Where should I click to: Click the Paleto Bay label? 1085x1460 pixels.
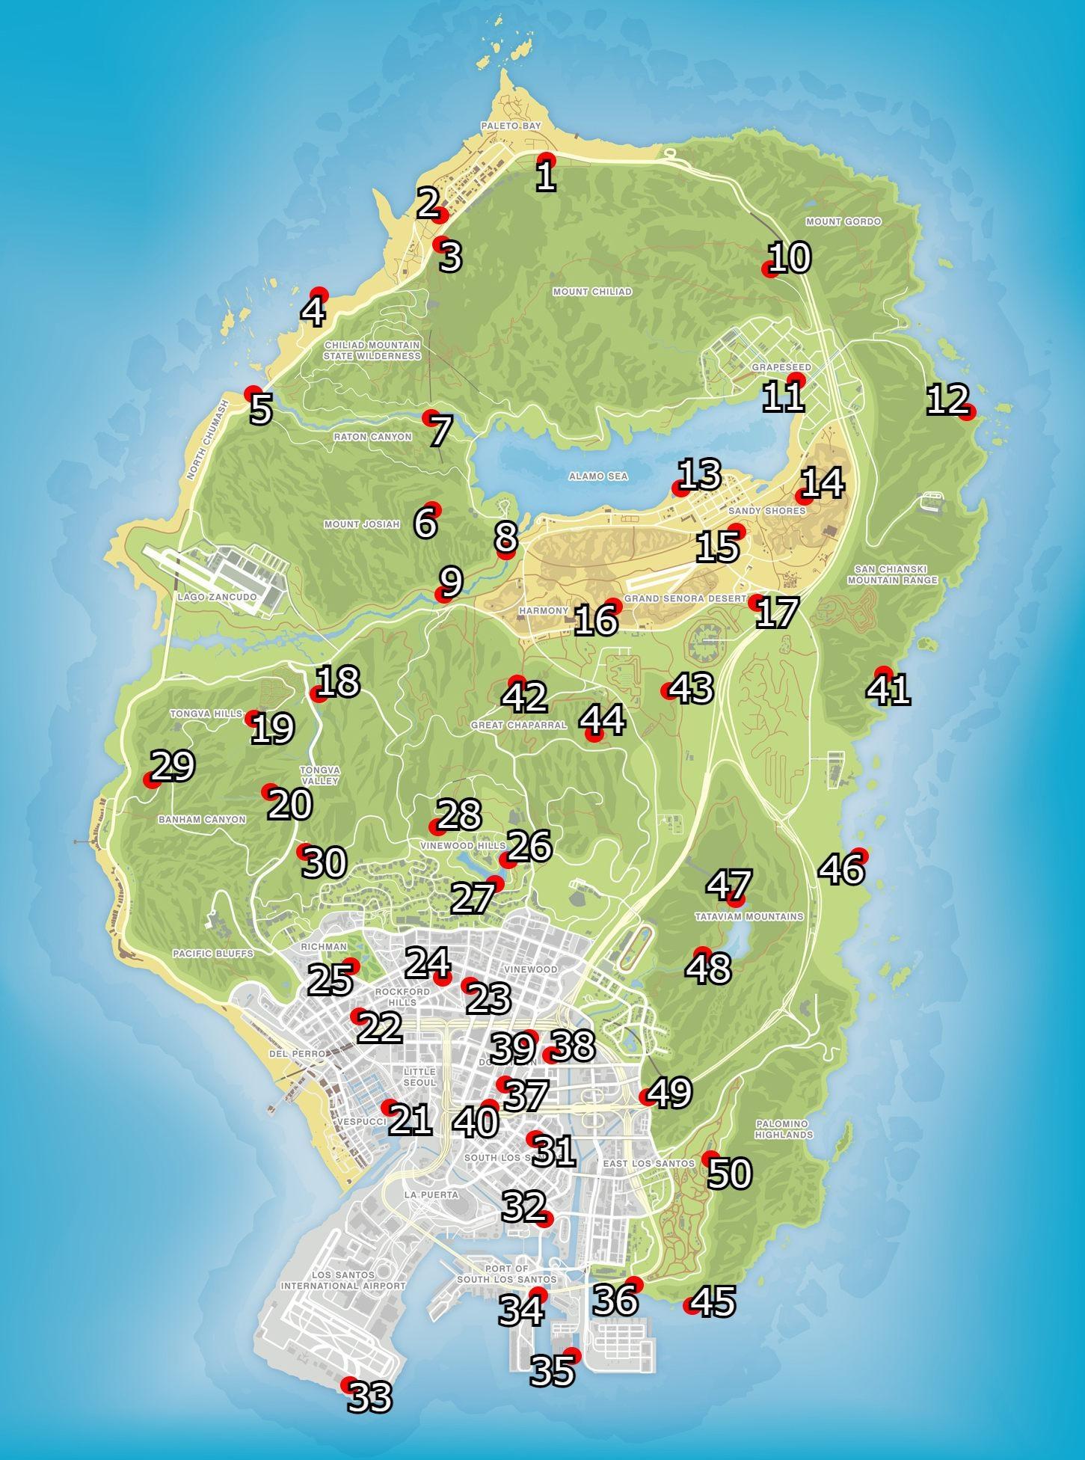click(511, 126)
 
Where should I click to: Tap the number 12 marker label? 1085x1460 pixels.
click(947, 400)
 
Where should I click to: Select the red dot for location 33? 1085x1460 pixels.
click(348, 1384)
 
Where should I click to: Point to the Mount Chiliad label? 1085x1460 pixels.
click(591, 292)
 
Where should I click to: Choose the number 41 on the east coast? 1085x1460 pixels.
click(888, 690)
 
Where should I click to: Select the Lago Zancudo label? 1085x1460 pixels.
click(217, 598)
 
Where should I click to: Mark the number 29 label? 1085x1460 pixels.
click(173, 766)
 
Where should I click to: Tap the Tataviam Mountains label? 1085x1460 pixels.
click(749, 916)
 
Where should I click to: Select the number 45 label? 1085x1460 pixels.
click(713, 1302)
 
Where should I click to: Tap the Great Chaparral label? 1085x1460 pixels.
click(518, 725)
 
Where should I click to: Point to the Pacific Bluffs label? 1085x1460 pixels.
click(212, 954)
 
